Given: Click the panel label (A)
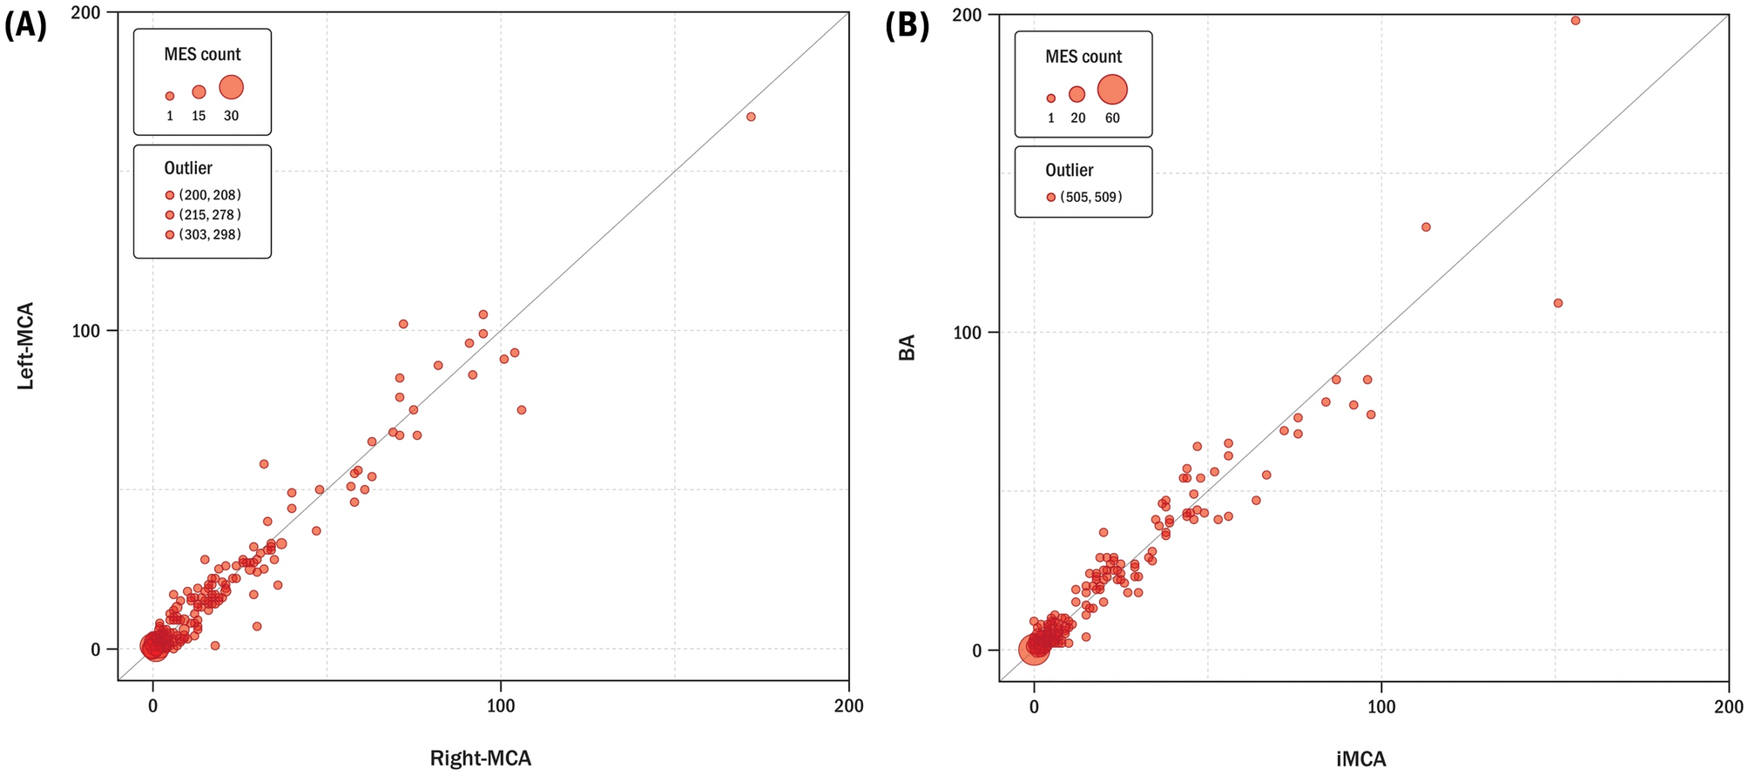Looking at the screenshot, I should click(x=25, y=26).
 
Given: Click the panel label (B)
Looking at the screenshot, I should click(x=907, y=26).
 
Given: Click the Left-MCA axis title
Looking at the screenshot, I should click(x=26, y=346).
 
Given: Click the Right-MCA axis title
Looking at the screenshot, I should click(x=480, y=758).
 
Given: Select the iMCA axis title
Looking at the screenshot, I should click(x=1360, y=759).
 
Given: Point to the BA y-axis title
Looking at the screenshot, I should click(x=907, y=348).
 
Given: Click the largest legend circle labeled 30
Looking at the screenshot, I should click(x=231, y=87).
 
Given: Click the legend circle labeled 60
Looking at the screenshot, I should click(x=1112, y=89).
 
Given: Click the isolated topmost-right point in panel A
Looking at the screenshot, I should click(x=751, y=117).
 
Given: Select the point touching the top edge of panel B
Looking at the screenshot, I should click(x=1575, y=20).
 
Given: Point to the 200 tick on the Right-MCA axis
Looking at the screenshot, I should click(x=848, y=706).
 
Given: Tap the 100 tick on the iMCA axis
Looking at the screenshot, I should click(x=1381, y=706).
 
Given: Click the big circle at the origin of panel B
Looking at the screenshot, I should click(x=1034, y=650).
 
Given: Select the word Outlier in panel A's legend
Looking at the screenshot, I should click(x=188, y=168).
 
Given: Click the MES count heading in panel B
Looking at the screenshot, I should click(x=1083, y=57).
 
